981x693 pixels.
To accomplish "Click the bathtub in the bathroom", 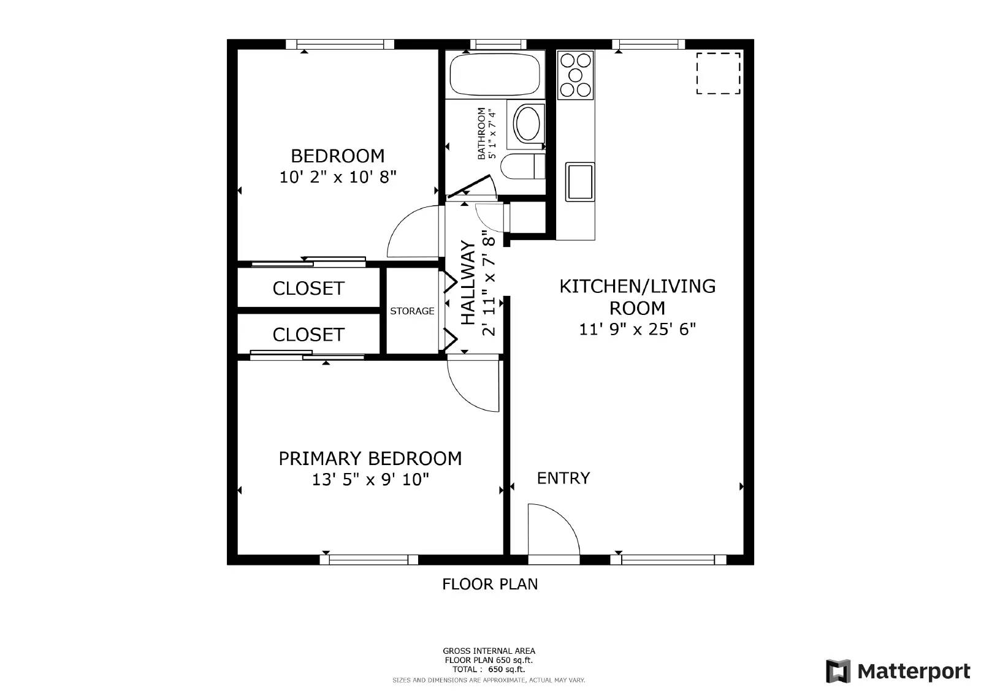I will coord(495,74).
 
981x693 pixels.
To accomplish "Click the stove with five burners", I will coord(576,75).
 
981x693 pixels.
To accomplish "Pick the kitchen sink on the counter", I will coord(579,181).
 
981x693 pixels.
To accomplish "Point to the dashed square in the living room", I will coord(718,74).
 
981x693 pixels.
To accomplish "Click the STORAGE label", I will coord(412,311).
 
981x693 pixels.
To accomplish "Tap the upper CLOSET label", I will coord(308,289).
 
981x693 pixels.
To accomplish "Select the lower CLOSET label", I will coord(308,335).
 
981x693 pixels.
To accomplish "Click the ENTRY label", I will coord(563,478).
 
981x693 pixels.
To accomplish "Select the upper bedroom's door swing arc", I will coord(412,232).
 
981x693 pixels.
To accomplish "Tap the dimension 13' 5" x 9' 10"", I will coord(370,480).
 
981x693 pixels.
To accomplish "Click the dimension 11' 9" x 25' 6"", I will coord(638,330).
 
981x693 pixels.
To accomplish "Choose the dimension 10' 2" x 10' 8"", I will coord(338,178).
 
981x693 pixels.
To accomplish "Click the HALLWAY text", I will coord(468,282).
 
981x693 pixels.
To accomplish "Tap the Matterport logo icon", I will coord(838,672).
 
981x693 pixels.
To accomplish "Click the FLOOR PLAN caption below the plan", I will coord(490,585).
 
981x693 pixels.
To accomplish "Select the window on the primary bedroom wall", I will coord(368,559).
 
